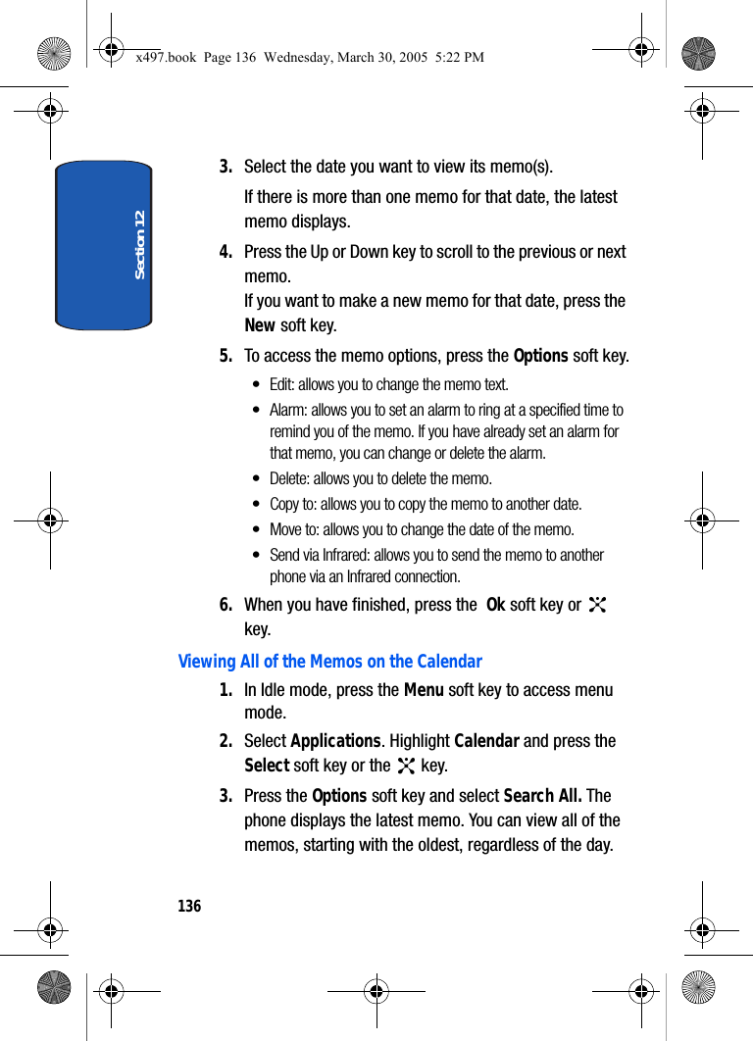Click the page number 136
click(x=189, y=906)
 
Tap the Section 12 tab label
click(x=139, y=244)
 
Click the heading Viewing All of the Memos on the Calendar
click(x=329, y=662)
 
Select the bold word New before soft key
click(x=260, y=325)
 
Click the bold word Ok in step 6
click(x=495, y=605)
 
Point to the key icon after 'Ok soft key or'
click(x=597, y=605)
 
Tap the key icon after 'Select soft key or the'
click(x=405, y=766)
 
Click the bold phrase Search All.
click(x=542, y=796)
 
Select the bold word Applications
click(x=335, y=741)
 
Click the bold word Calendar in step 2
click(x=486, y=741)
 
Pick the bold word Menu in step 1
click(x=424, y=690)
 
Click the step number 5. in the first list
click(x=226, y=356)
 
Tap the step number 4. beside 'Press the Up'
click(x=226, y=252)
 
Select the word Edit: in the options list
click(x=282, y=384)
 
